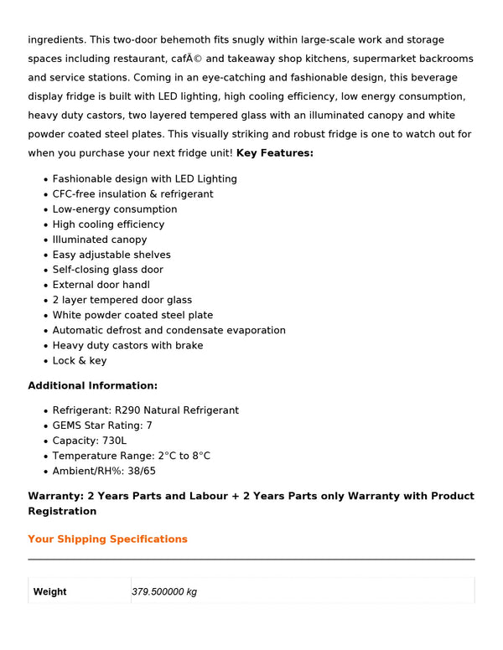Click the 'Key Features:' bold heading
(x=275, y=153)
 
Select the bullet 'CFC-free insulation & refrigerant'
(x=132, y=194)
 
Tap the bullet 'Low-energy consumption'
(x=115, y=209)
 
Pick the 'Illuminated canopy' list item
(x=100, y=240)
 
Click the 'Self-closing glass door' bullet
(x=108, y=270)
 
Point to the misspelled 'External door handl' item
(x=101, y=285)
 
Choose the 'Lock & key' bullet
(x=80, y=361)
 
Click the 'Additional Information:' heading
(x=93, y=386)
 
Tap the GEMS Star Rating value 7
(x=149, y=426)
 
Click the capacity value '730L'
(x=113, y=441)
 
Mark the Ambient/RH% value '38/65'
(x=142, y=471)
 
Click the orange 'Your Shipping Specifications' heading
(x=107, y=539)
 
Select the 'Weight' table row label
(x=50, y=592)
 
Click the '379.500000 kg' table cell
(x=164, y=592)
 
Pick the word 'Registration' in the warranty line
(x=62, y=512)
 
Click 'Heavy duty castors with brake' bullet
(x=127, y=346)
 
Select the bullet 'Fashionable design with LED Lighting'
(x=144, y=179)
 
